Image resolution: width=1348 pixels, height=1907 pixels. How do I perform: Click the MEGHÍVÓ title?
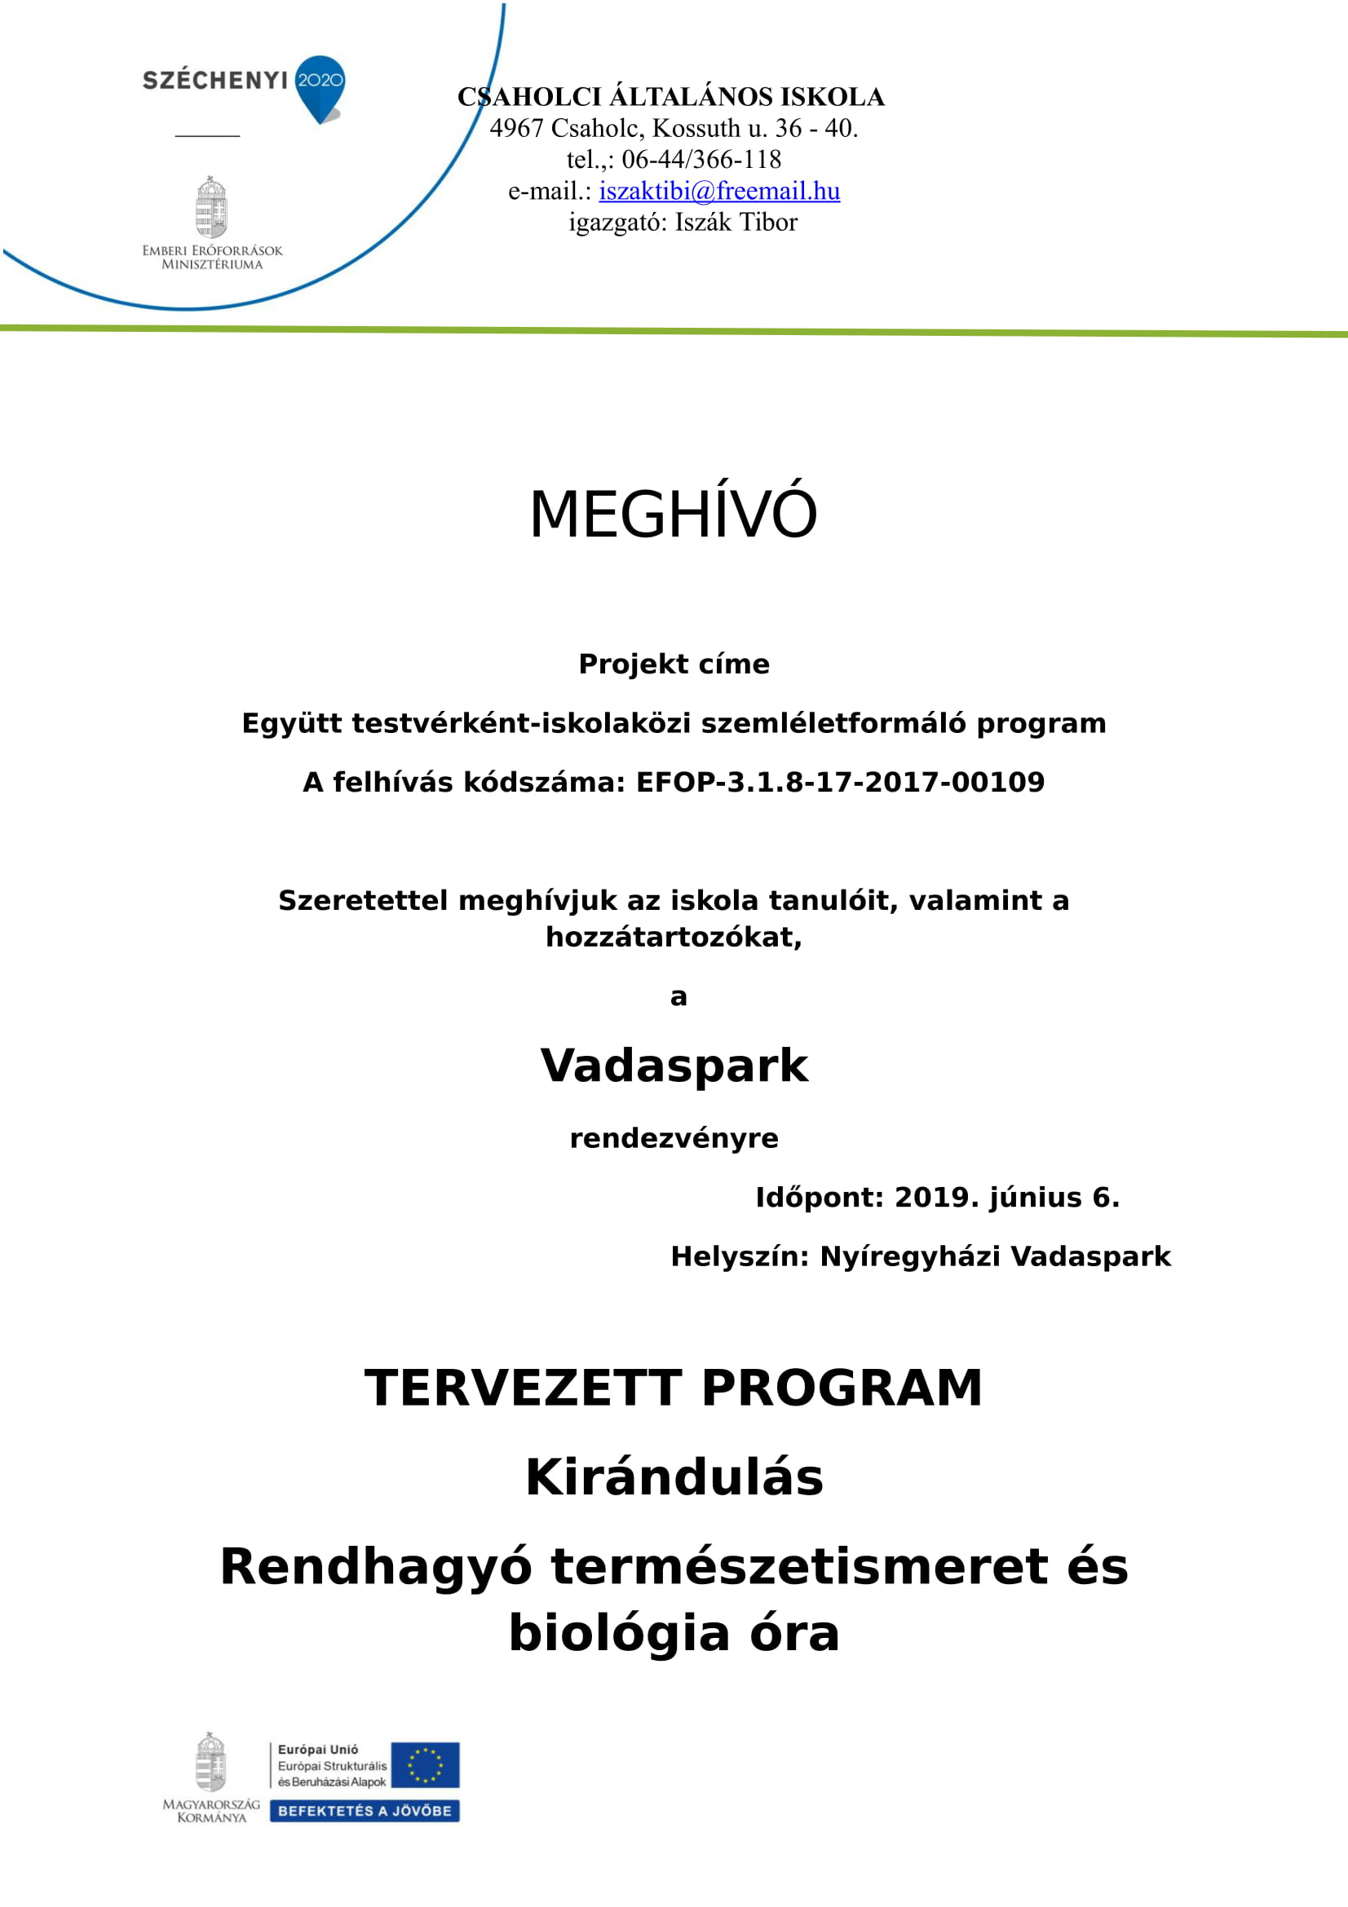coord(673,514)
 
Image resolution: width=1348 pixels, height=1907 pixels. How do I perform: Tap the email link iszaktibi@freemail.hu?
coord(719,191)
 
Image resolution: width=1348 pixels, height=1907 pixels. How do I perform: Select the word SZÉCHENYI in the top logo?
coord(215,81)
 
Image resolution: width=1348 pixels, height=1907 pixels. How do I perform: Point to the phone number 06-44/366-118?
coord(701,160)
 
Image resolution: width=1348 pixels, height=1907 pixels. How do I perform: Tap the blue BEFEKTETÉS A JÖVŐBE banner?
coord(365,1811)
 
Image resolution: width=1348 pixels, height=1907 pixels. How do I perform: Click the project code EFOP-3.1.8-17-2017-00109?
coord(840,783)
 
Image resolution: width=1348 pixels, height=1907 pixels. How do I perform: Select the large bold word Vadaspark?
coord(674,1066)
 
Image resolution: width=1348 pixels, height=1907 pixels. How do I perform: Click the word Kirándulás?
coord(674,1477)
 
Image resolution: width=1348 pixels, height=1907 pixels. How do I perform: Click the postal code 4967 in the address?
coord(515,129)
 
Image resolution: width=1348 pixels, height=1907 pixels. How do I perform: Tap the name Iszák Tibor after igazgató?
coord(736,223)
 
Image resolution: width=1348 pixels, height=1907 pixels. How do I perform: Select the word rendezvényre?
coord(674,1138)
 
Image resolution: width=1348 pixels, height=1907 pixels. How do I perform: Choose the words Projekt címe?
coord(674,664)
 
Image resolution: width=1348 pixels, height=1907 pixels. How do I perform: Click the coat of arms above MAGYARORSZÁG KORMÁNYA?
coord(211,1762)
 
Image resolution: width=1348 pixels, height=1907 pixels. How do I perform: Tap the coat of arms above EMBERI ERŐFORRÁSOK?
coord(211,208)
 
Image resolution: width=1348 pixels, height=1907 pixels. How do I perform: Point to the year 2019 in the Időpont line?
coord(925,1198)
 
